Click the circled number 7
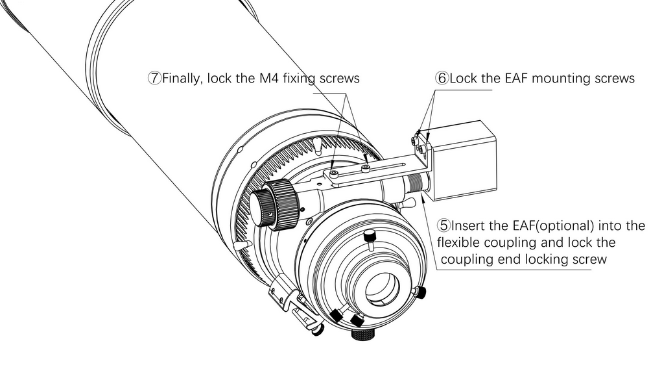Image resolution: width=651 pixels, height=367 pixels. click(x=154, y=79)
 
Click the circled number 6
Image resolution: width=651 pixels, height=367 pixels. click(x=442, y=79)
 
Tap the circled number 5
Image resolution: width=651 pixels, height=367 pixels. click(x=444, y=226)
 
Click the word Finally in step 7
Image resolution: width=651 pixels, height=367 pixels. click(x=182, y=79)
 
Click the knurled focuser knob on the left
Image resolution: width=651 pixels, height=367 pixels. click(x=275, y=205)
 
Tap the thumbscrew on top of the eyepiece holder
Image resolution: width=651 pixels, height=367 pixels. click(x=370, y=236)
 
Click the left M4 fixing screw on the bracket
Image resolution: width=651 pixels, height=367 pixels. click(x=333, y=173)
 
